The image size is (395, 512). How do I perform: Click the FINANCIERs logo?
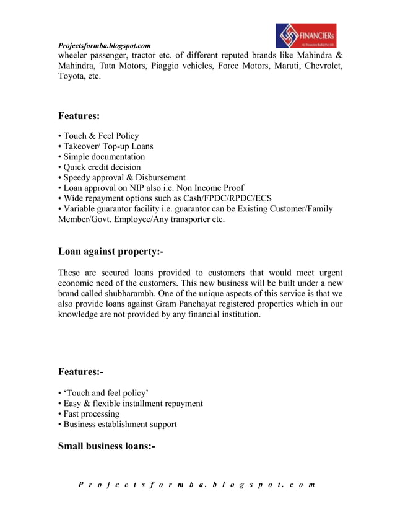click(x=306, y=36)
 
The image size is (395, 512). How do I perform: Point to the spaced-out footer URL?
click(x=197, y=484)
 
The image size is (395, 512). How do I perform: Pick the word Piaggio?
click(x=193, y=66)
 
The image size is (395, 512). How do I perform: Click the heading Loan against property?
click(x=111, y=251)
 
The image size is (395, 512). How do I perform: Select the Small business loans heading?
click(x=106, y=446)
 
